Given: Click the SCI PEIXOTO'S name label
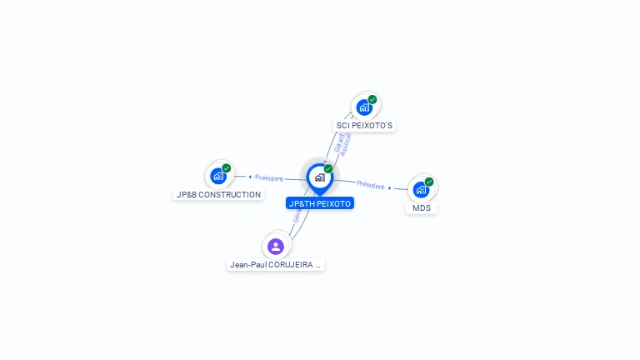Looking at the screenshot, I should pos(364,126).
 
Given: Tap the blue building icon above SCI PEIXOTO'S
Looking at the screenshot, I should pos(364,107).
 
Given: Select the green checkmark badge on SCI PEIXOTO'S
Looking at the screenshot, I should pos(372,99).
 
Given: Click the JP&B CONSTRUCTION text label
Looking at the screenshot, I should pos(218,194).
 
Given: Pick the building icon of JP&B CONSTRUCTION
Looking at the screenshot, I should pos(218,176).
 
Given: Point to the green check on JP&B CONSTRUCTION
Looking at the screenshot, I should pos(227,167).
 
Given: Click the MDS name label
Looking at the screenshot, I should pos(422,207).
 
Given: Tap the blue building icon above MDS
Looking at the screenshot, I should pos(421,189).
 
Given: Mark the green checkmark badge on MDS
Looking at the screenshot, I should pos(429,182).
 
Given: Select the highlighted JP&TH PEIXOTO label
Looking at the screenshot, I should pos(320,203).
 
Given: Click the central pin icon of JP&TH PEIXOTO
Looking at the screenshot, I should pos(319,177).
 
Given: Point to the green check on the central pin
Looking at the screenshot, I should pos(328,169).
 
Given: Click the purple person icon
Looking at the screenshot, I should pos(276,246).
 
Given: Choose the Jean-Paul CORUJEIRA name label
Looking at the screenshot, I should pos(275,265).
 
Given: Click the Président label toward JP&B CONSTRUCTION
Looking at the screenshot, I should pos(269,177).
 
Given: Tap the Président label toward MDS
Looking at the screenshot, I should pos(371,185).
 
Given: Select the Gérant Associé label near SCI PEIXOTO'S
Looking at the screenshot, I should pos(342,144).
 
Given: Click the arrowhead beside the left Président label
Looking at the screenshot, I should pos(250,177).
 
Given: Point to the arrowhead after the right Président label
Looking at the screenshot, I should pos(390,188).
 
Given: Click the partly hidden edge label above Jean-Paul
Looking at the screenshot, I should pos(297,217).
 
